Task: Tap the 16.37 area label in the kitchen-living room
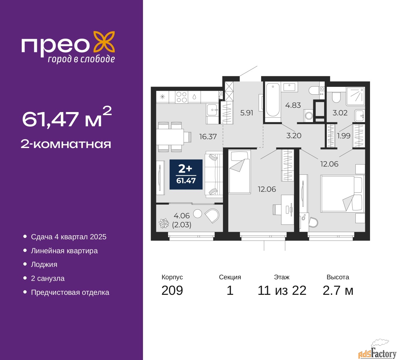pos(208,137)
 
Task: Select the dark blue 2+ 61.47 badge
pos(186,174)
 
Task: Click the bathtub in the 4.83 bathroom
pos(273,102)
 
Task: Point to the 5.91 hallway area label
pos(247,113)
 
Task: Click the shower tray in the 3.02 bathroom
pos(355,97)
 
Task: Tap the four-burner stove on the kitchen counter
pos(181,97)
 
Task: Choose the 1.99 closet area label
pos(344,136)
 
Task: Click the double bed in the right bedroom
pos(343,193)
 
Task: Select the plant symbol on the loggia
pos(164,223)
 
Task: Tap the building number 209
pos(172,290)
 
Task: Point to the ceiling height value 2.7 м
pos(338,290)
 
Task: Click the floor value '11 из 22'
pos(282,290)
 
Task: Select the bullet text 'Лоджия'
pos(44,265)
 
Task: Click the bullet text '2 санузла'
pos(48,278)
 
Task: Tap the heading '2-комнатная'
pos(66,144)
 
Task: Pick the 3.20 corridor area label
pos(294,136)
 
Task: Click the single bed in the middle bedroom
pos(239,172)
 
